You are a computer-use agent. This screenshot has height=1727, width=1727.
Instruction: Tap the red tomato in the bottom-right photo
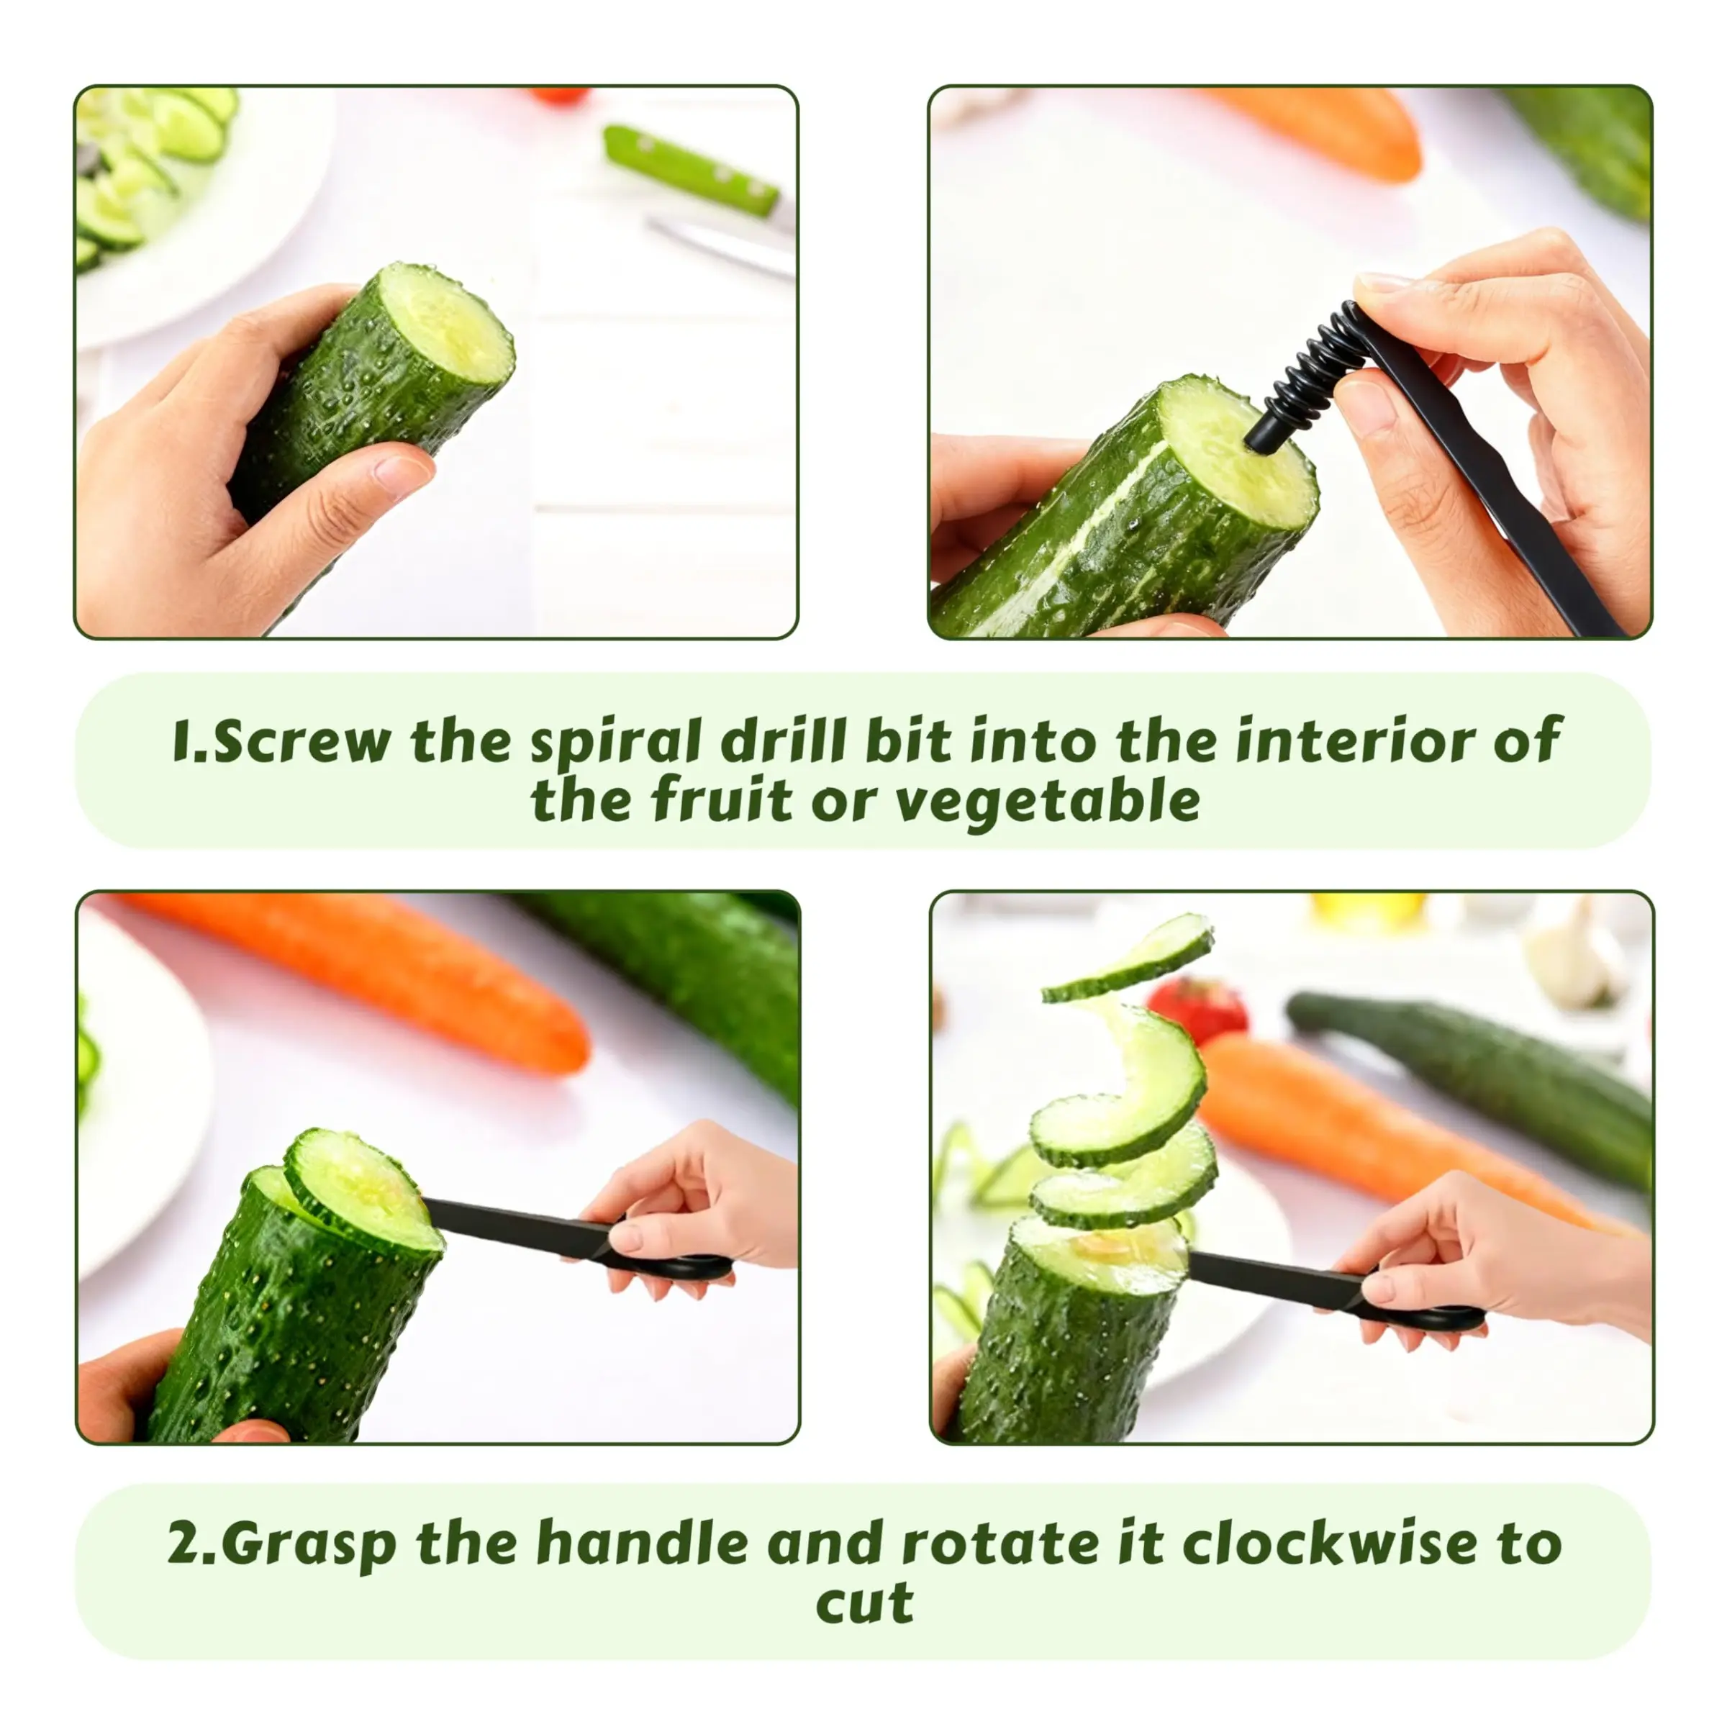(1198, 1011)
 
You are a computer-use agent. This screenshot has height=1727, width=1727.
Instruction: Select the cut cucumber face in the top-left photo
(444, 325)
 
